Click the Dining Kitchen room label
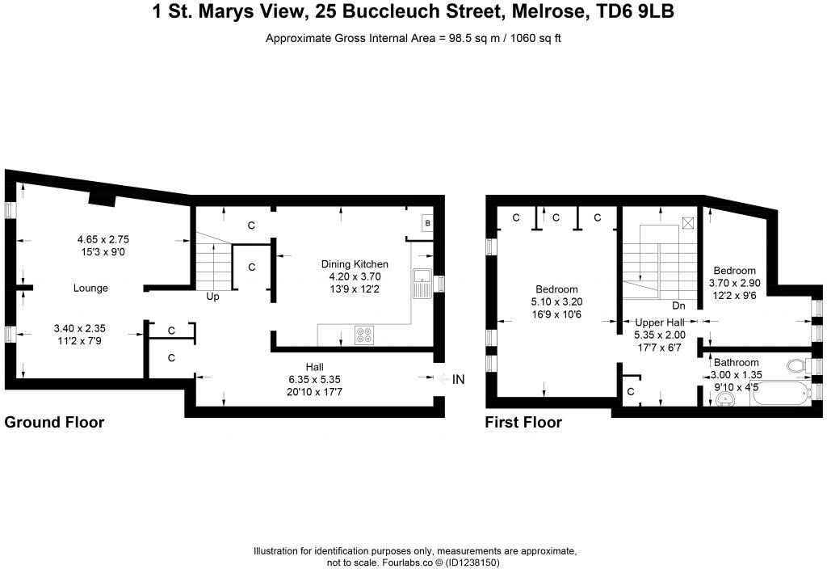[x=355, y=264]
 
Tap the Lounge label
[x=90, y=288]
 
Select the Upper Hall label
[x=660, y=322]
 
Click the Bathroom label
[x=735, y=363]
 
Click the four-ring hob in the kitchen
[x=363, y=332]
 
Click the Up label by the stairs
[x=213, y=297]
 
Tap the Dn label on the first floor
[x=678, y=306]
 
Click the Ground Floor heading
[x=54, y=422]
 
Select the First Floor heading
[x=523, y=422]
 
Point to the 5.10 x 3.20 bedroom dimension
[x=556, y=302]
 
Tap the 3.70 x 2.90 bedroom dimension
[x=733, y=283]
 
